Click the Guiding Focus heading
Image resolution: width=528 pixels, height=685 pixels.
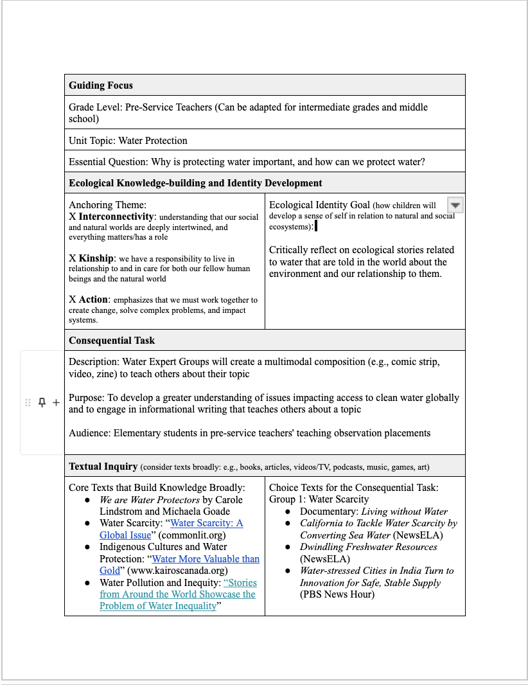point(101,85)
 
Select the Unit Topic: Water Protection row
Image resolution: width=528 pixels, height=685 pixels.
point(128,141)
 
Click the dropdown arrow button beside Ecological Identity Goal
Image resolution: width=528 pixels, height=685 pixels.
point(455,205)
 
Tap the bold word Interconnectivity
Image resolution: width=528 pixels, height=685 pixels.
point(116,217)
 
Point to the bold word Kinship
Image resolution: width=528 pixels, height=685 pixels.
point(96,258)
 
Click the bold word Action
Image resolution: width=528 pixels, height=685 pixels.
point(94,299)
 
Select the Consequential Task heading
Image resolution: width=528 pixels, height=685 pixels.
point(112,341)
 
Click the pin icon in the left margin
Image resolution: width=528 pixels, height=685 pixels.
point(42,402)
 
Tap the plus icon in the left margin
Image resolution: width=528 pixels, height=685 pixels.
point(56,402)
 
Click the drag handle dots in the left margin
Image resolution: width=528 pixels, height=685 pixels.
point(28,402)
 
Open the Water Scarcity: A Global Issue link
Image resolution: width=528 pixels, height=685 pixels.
point(206,523)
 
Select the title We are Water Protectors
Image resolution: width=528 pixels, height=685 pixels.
point(149,500)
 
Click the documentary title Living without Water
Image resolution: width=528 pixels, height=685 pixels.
point(404,512)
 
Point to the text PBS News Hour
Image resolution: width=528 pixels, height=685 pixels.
point(337,594)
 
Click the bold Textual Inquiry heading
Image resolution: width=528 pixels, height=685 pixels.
point(103,467)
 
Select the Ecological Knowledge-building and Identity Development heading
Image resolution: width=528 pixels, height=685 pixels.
point(195,183)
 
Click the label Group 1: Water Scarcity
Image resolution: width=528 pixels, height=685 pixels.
point(319,499)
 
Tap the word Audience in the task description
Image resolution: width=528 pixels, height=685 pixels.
point(89,433)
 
